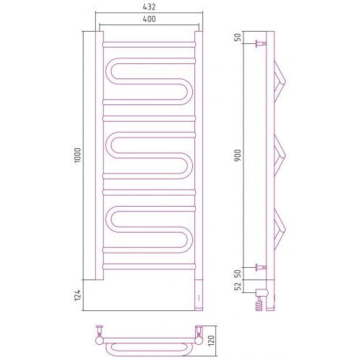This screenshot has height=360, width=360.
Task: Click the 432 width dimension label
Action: (149, 7)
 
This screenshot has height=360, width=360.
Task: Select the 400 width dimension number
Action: (149, 19)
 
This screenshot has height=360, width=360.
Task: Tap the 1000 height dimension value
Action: (78, 156)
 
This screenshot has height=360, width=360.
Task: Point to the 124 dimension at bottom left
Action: (78, 295)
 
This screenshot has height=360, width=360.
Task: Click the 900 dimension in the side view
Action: (238, 155)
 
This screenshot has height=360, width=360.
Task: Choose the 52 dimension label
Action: (238, 287)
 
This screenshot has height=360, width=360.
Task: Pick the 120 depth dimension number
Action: (212, 341)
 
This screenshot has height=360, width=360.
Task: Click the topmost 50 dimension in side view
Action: (238, 37)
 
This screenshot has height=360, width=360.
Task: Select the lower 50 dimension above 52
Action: (238, 274)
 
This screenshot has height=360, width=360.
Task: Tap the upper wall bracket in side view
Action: (261, 44)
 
